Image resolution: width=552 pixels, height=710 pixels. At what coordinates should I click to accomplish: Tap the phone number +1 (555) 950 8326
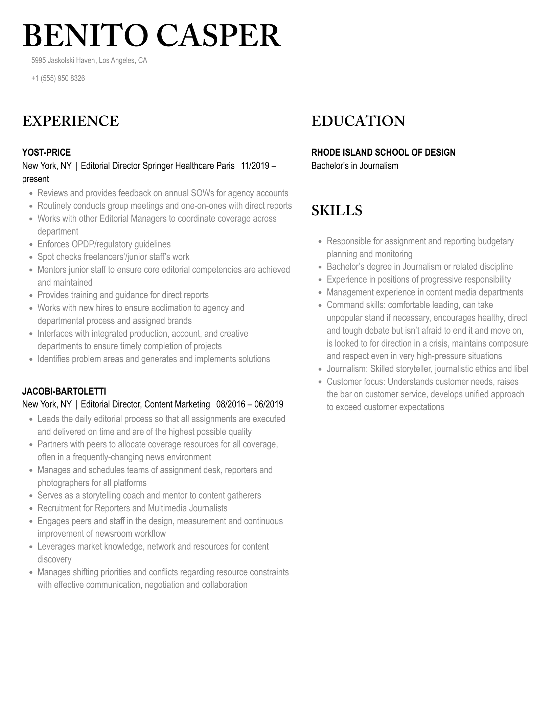tap(58, 79)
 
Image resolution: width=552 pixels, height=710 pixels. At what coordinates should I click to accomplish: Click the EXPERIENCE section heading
tap(70, 121)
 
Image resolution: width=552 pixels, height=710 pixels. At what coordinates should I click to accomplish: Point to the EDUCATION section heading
tap(358, 121)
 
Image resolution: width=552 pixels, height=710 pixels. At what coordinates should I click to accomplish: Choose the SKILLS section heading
tap(337, 210)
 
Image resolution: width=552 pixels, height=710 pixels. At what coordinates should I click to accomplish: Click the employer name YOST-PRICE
tap(46, 153)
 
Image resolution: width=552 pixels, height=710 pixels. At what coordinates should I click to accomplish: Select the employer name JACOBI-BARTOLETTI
tap(64, 392)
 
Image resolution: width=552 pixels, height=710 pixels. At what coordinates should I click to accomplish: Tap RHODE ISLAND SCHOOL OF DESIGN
tap(383, 153)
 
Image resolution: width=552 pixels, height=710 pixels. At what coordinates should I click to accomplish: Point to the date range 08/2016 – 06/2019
tap(250, 404)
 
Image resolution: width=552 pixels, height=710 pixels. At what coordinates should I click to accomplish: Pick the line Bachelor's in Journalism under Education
tap(354, 166)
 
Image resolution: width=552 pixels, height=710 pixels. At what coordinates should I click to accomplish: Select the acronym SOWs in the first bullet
tap(202, 193)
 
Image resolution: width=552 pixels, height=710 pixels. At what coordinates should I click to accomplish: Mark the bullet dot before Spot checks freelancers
tap(31, 258)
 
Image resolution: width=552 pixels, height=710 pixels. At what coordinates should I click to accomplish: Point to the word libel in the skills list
tap(521, 369)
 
